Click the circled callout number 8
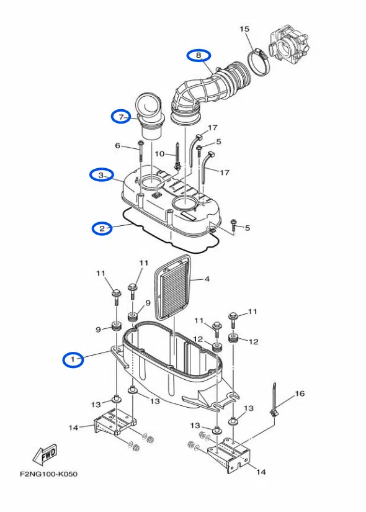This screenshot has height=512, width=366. pos(199,55)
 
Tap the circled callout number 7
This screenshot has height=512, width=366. pos(121,117)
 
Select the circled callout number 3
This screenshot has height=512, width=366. pos(101,176)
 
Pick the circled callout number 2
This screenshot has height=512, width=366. pos(102,228)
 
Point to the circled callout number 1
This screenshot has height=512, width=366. pos(73,359)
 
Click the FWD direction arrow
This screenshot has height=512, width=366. pos(45,454)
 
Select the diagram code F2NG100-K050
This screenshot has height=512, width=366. pos(48,474)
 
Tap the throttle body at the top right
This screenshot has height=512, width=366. pos(288,45)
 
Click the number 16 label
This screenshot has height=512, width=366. pos(300,393)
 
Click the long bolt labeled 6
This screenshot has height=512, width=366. pos(141,151)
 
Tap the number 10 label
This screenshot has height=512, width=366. pos(159,153)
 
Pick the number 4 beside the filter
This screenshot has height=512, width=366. pos(207,279)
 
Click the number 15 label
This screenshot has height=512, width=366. pos(244,29)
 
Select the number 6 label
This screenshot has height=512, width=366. pos(117,145)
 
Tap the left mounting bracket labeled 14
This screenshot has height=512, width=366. pos(115,422)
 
